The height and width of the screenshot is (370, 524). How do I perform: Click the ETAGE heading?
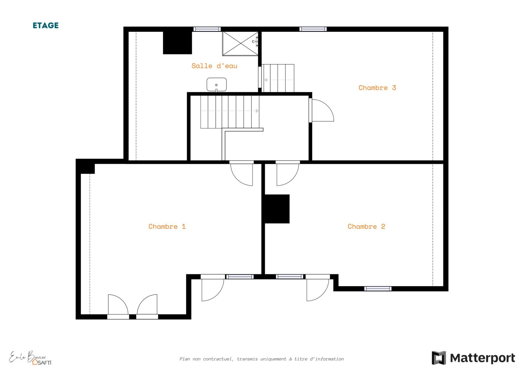[x=46, y=25]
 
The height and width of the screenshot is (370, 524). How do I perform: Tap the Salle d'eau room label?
[x=214, y=66]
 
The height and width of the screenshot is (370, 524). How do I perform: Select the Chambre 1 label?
[x=167, y=226]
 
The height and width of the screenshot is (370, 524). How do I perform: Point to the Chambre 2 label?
[x=366, y=226]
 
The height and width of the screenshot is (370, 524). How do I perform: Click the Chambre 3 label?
[x=377, y=88]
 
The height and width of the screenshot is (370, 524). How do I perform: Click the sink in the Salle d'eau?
[x=216, y=85]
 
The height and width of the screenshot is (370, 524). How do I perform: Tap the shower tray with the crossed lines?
[x=240, y=44]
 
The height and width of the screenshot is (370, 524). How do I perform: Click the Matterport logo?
[x=473, y=358]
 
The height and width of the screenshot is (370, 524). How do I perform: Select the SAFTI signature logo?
[x=30, y=358]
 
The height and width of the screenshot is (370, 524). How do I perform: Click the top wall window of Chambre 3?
[x=313, y=29]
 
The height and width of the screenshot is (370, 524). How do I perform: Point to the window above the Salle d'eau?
[x=207, y=29]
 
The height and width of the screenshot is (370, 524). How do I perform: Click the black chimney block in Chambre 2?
[x=276, y=209]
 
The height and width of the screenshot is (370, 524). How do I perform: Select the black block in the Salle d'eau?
[x=177, y=43]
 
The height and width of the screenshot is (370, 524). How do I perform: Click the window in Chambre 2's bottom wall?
[x=378, y=289]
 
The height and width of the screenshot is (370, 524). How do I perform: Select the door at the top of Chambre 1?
[x=242, y=173]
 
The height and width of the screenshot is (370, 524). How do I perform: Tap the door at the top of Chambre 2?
[x=288, y=173]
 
